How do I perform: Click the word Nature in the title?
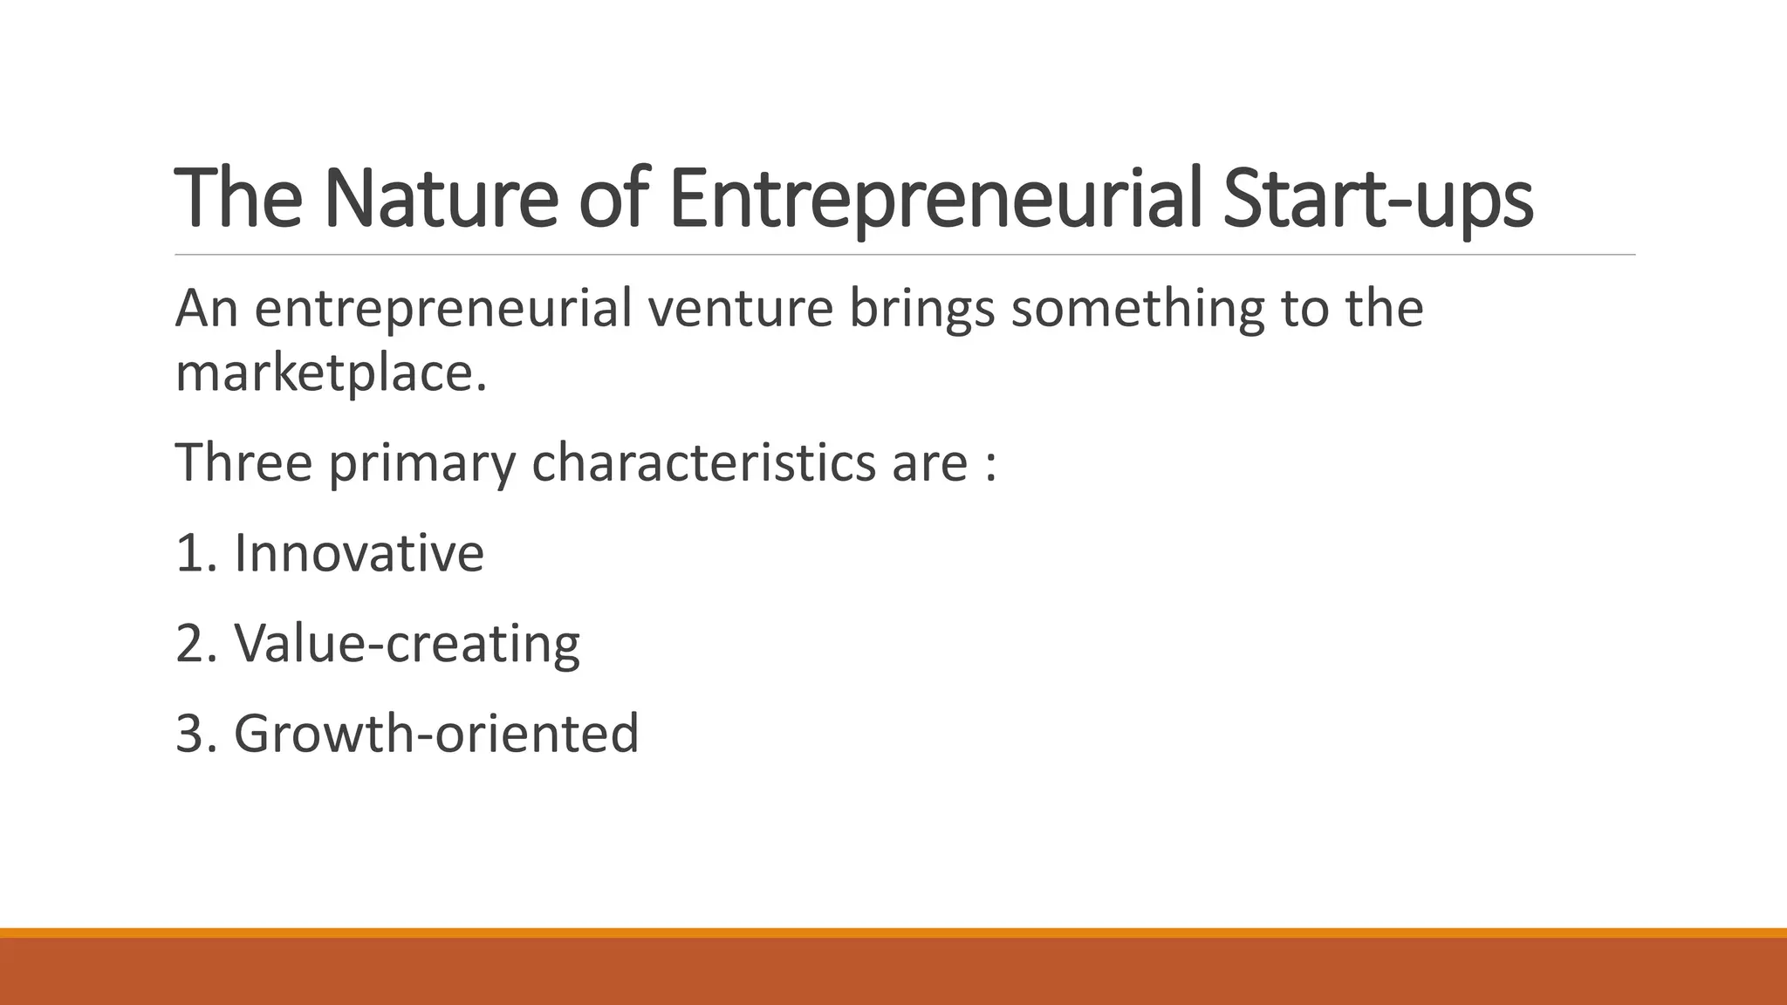point(441,199)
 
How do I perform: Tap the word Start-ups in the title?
point(1377,199)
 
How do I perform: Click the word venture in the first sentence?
point(740,309)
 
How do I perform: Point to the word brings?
point(921,309)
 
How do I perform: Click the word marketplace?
point(331,373)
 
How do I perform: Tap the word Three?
point(243,461)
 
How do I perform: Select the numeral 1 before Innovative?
point(189,553)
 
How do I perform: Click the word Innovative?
point(359,553)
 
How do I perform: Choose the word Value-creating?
point(407,644)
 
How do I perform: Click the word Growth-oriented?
point(436,734)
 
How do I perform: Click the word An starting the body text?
point(207,309)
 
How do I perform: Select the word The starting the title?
point(238,199)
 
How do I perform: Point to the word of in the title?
point(613,199)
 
